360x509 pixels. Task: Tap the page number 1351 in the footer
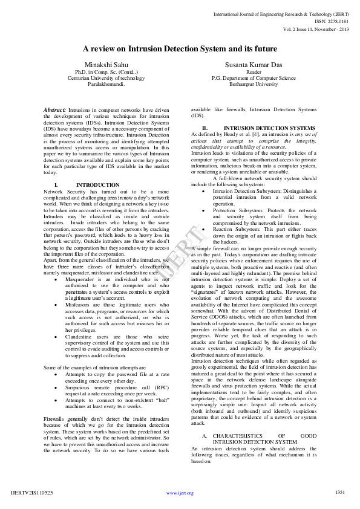[x=340, y=492]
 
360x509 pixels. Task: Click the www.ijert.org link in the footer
[x=180, y=493]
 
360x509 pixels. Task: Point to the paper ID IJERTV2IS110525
[x=32, y=493]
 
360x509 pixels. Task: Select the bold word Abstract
[x=55, y=109]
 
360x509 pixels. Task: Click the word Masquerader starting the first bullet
[x=80, y=280]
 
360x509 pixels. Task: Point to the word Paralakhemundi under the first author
[x=106, y=85]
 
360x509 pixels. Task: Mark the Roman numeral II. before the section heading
[x=205, y=128]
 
